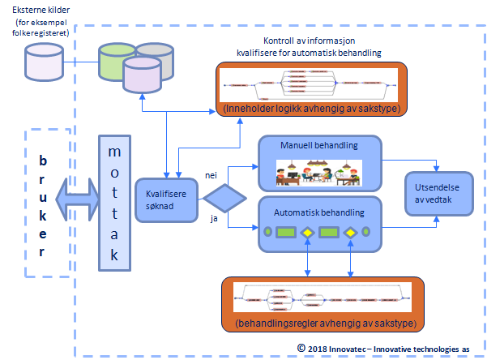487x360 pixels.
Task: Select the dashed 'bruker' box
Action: (43, 204)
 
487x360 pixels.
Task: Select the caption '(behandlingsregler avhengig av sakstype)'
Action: (323, 324)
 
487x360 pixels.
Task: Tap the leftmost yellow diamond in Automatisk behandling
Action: (308, 233)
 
